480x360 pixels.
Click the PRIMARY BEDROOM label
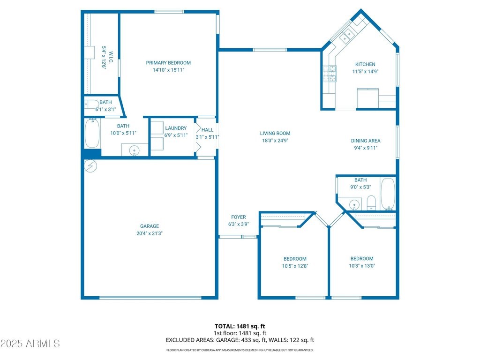click(168, 63)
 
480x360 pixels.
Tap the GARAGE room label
click(150, 226)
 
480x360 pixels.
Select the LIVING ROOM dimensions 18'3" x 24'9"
click(275, 141)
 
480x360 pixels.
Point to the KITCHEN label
click(365, 64)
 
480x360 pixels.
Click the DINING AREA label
click(366, 141)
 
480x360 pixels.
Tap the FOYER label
click(239, 217)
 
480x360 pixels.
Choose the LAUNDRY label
click(176, 128)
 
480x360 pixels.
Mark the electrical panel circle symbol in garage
click(90, 166)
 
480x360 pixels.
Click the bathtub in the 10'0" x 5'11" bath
click(92, 134)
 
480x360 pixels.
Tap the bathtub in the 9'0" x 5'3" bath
click(388, 194)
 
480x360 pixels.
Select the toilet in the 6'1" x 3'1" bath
click(91, 105)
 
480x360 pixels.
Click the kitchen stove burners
click(330, 74)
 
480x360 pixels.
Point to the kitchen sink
click(347, 36)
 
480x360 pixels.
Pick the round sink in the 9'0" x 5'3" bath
click(354, 204)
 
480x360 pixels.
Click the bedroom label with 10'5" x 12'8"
click(295, 259)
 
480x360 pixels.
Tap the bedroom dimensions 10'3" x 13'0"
click(362, 266)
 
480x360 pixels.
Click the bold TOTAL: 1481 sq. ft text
click(240, 326)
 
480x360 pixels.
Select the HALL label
click(207, 130)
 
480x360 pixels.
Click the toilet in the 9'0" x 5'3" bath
click(371, 202)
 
